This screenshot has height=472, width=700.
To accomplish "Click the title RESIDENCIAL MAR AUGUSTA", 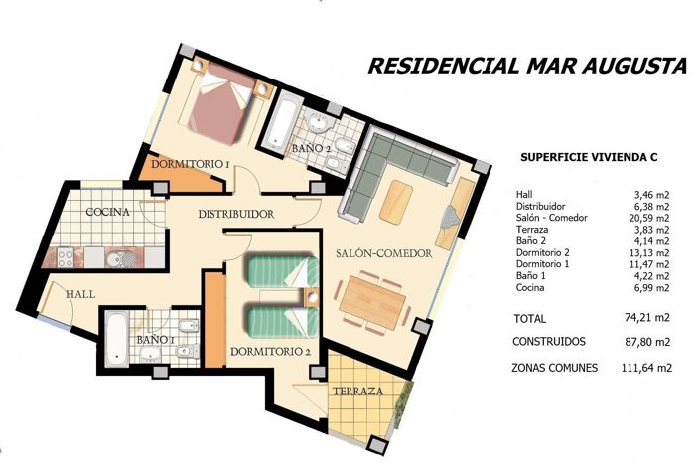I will coord(526,66).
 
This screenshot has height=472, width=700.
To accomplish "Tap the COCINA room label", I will coord(105,212).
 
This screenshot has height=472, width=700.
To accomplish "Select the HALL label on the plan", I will coord(80,295).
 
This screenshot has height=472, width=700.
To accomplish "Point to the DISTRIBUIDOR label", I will coord(235,215).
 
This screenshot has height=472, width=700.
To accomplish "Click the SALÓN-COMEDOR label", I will coord(383,254).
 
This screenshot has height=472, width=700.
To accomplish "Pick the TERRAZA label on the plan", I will coord(356,392).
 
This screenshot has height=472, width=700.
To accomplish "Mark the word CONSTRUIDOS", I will coord(549,341).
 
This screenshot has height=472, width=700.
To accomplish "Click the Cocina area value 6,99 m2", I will coord(649,288).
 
